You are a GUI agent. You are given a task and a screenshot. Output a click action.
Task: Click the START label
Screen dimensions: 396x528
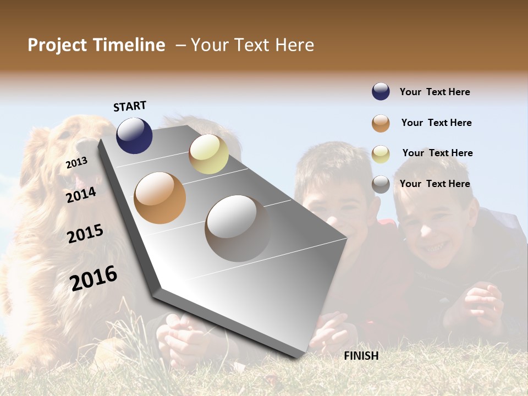130,106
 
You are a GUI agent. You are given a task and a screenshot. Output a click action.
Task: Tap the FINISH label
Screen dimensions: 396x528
361,356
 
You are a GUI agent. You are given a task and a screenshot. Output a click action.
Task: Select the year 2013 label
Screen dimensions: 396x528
76,163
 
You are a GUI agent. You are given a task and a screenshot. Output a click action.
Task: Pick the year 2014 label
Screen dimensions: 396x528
81,195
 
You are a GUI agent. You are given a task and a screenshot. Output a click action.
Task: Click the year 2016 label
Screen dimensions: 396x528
94,278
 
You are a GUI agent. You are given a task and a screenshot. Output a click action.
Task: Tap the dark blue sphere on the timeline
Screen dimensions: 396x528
134,135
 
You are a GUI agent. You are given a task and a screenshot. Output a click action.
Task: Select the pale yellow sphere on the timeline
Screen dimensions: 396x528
208,154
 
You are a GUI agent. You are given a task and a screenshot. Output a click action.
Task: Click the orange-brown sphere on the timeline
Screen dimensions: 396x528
160,198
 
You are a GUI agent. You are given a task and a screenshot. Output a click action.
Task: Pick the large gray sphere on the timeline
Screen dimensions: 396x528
238,228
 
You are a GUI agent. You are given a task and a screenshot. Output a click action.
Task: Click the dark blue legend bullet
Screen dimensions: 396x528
381,92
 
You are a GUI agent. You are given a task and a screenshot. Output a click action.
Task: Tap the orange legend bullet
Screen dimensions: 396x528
381,123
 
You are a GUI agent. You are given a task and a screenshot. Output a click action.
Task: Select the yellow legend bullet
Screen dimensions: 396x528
381,153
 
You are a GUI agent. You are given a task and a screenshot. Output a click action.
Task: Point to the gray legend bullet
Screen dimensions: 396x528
381,184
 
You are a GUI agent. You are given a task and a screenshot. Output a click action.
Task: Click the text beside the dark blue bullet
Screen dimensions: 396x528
435,92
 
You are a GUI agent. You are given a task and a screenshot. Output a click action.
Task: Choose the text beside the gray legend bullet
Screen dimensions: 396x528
435,184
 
